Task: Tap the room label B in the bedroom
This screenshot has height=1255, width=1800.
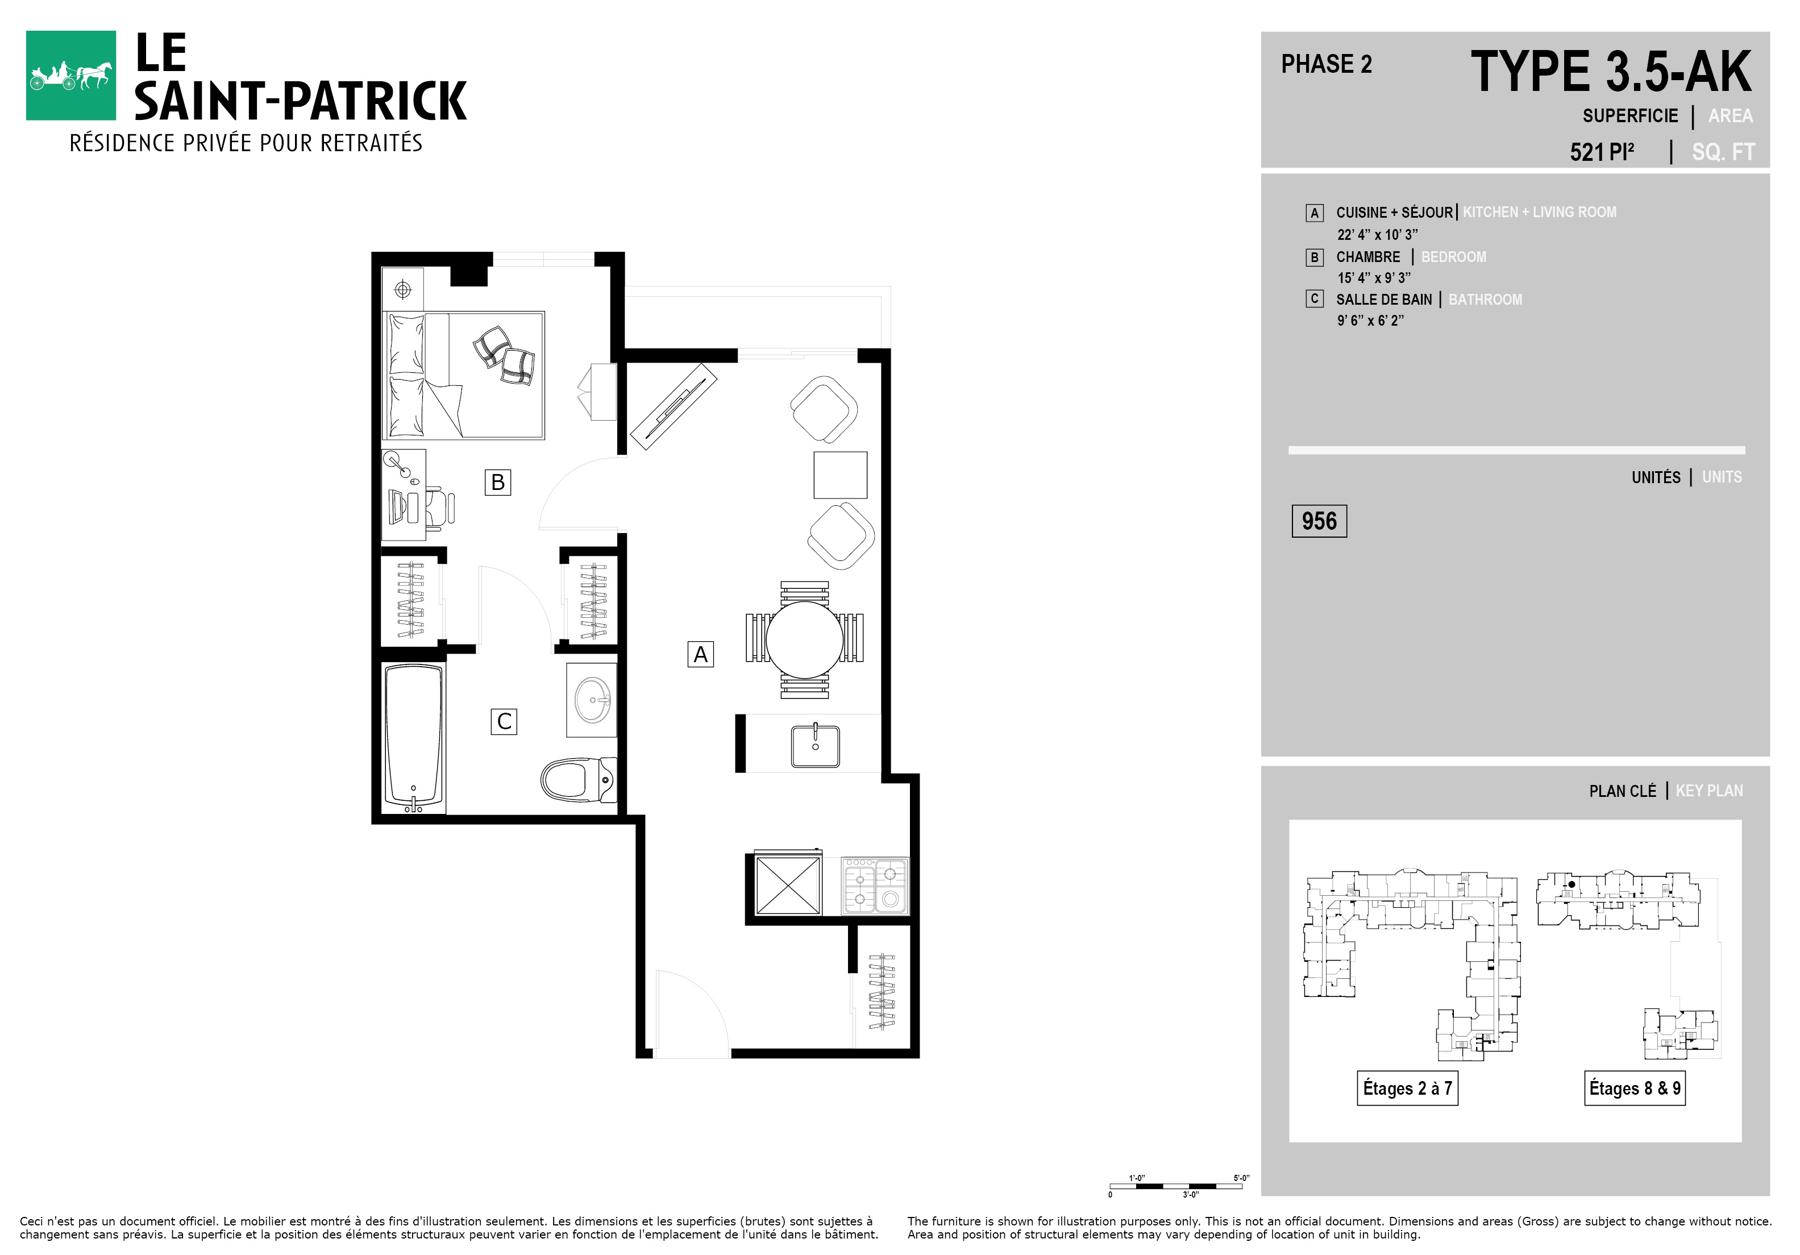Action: pos(498,482)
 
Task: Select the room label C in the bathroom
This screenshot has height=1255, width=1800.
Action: pos(504,721)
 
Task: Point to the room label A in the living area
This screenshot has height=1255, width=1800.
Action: pos(701,654)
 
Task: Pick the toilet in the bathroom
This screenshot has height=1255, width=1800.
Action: pos(579,779)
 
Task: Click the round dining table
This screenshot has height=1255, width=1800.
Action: pos(804,639)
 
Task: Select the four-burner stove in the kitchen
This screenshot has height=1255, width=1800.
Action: pos(875,886)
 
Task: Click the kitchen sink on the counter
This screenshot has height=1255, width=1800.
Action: pos(816,746)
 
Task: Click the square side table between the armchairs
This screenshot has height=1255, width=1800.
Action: pos(841,475)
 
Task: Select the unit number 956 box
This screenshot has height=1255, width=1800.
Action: pos(1319,521)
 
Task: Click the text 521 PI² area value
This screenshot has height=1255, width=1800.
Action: pos(1602,151)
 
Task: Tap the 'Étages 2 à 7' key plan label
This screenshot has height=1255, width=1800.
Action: pos(1407,1088)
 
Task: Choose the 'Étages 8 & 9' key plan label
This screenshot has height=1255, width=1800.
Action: pos(1635,1088)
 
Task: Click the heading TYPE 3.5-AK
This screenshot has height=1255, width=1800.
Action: pos(1611,72)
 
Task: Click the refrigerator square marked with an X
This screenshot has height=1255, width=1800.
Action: pos(788,886)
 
